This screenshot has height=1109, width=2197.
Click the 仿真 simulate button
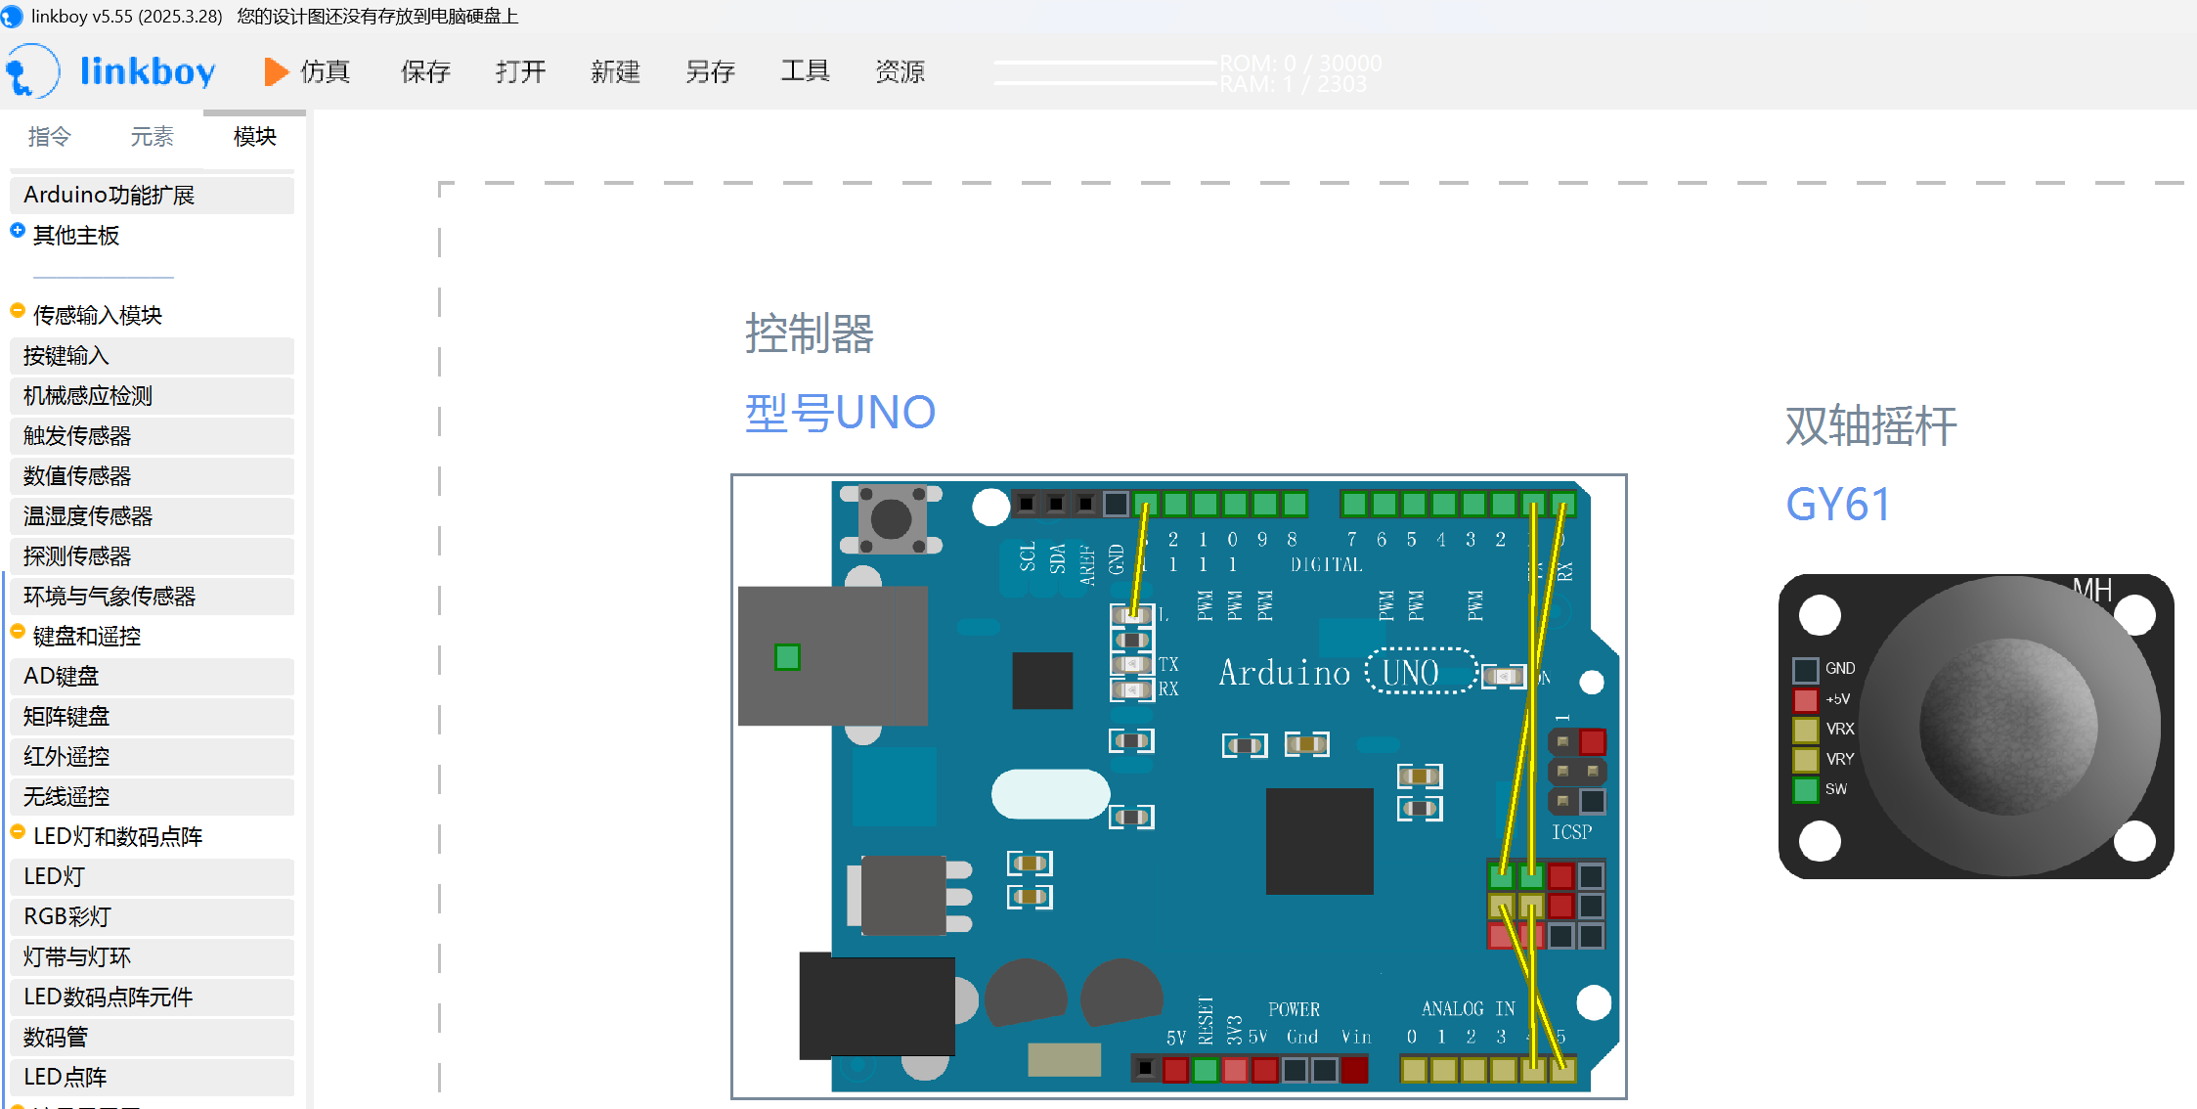click(x=307, y=71)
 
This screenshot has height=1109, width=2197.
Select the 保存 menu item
click(x=425, y=71)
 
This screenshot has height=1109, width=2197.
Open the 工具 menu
click(x=805, y=71)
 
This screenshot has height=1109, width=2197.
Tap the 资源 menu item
click(x=900, y=71)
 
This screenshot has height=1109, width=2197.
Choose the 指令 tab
click(x=49, y=137)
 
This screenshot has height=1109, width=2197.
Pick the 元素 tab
click(x=152, y=137)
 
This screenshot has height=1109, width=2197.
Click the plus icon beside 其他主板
click(x=18, y=231)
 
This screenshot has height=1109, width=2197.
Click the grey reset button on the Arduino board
click(x=891, y=519)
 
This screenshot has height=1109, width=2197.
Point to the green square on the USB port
click(x=787, y=656)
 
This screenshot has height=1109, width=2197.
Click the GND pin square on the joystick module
click(x=1805, y=670)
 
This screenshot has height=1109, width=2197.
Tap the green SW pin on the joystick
click(x=1805, y=789)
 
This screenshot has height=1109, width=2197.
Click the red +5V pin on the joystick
click(x=1805, y=700)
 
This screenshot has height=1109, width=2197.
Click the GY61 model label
click(x=1837, y=506)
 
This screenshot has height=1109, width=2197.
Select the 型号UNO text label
click(x=840, y=413)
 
